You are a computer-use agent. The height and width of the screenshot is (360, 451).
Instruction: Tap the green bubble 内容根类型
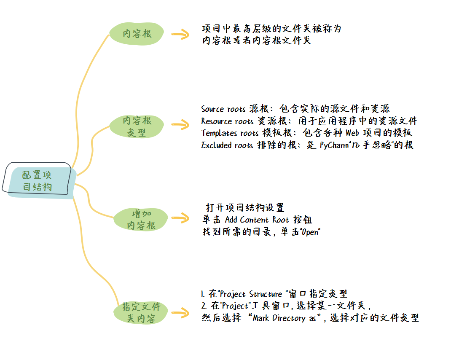(137, 126)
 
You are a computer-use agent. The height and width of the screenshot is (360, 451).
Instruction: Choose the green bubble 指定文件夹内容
(142, 312)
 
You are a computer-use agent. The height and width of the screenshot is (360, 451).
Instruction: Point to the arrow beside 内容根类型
(180, 124)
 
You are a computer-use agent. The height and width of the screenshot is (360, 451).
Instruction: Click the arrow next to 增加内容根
(180, 218)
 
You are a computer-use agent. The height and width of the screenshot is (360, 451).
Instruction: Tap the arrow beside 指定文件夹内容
(180, 313)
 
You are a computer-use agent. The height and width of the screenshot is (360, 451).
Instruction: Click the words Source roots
(223, 109)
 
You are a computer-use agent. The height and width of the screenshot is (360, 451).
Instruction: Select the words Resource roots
(227, 121)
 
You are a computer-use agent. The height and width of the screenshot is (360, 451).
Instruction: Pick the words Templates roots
(230, 133)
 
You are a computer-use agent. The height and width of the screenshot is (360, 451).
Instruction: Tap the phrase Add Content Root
(257, 220)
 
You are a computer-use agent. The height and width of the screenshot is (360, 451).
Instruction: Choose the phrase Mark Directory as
(285, 318)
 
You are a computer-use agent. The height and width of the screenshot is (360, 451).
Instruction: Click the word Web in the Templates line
(353, 133)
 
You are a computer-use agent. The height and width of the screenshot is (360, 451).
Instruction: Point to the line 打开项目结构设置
(245, 208)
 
